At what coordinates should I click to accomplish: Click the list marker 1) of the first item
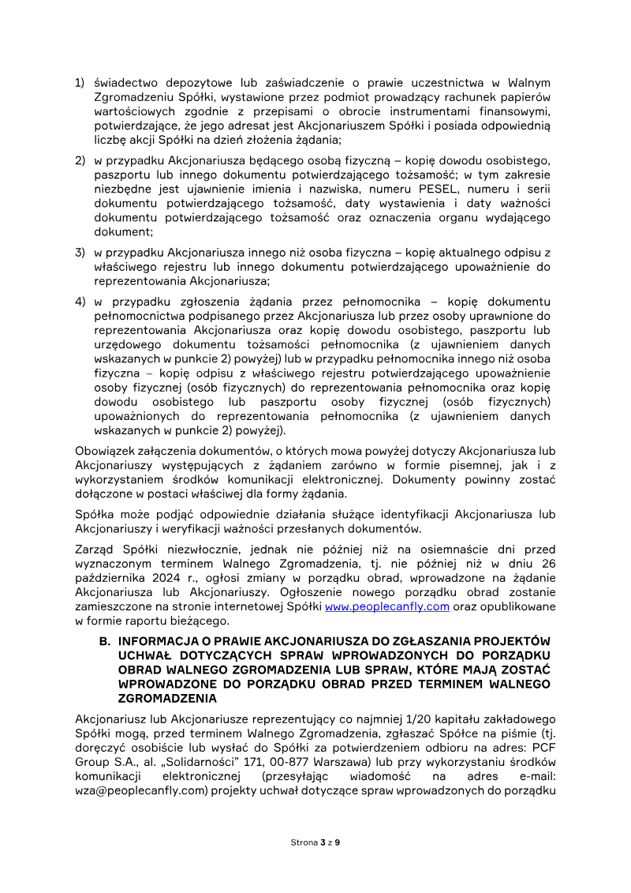pyautogui.click(x=80, y=83)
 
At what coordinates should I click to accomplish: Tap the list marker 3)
pyautogui.click(x=80, y=253)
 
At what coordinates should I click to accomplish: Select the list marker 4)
pyautogui.click(x=80, y=302)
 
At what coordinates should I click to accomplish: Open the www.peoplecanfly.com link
pyautogui.click(x=387, y=606)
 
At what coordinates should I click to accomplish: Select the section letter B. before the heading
pyautogui.click(x=104, y=641)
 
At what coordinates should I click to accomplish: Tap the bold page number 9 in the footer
pyautogui.click(x=338, y=842)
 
